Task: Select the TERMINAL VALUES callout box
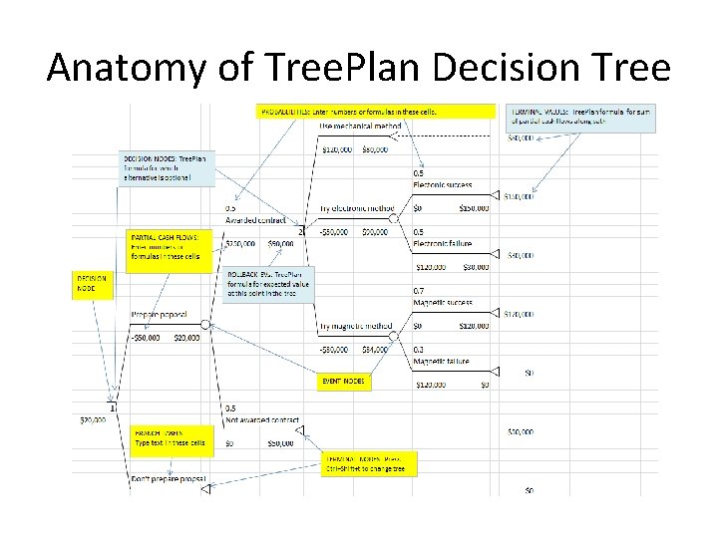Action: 582,119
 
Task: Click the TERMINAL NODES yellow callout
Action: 368,463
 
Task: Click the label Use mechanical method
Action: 361,127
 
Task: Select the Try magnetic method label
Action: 356,326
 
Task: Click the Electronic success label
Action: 443,184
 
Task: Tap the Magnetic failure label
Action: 441,361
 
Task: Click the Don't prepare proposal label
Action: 169,479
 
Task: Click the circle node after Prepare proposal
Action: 205,325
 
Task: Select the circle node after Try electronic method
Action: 393,217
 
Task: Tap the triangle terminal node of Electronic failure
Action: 496,255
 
